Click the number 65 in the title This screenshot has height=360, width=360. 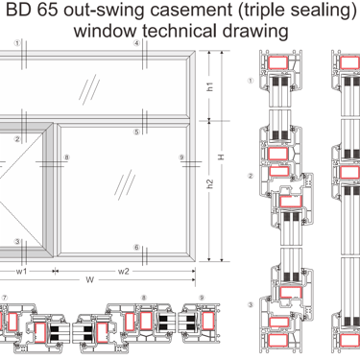48,10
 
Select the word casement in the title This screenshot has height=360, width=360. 191,11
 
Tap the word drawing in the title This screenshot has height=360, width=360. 254,32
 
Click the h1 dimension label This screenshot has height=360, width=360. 210,86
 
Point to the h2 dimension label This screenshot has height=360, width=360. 210,183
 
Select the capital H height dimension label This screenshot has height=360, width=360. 222,156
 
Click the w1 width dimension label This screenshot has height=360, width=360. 21,272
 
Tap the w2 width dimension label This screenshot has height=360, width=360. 124,272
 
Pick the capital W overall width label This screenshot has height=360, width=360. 90,279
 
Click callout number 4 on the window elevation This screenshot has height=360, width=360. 136,43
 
